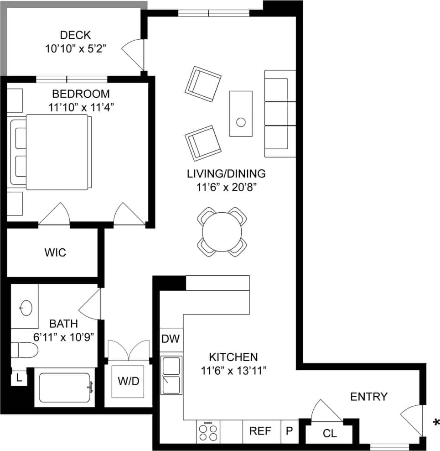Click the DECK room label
(75, 35)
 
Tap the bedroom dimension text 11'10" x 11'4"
(81, 107)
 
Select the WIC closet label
(55, 252)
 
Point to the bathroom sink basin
(26, 308)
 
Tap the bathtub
(65, 388)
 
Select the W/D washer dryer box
(129, 381)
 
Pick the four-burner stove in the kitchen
(207, 431)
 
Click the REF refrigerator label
(260, 431)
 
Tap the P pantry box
(289, 431)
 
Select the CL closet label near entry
(330, 433)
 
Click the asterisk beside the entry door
(435, 422)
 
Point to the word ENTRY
(368, 397)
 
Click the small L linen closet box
(19, 378)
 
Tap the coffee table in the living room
(241, 113)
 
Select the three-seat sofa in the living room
(279, 113)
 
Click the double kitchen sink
(172, 375)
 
